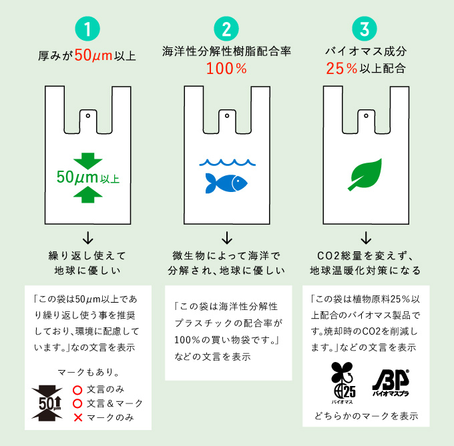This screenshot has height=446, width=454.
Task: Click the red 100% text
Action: pyautogui.click(x=226, y=68)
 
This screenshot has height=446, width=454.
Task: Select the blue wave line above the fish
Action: pyautogui.click(x=226, y=162)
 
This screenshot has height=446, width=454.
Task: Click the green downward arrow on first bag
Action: pyautogui.click(x=87, y=161)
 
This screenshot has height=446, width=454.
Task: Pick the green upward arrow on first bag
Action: pyautogui.click(x=87, y=194)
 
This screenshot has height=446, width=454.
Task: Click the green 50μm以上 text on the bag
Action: pyautogui.click(x=87, y=177)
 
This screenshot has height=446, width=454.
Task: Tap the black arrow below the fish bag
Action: pyautogui.click(x=226, y=237)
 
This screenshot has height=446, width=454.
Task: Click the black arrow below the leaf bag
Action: pyautogui.click(x=365, y=237)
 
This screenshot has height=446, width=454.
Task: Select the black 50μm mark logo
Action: pyautogui.click(x=47, y=403)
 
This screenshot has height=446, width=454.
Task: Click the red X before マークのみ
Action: pyautogui.click(x=77, y=417)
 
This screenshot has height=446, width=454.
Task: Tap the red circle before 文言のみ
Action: pyautogui.click(x=77, y=389)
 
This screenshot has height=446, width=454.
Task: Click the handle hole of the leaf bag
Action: pyautogui.click(x=365, y=115)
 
